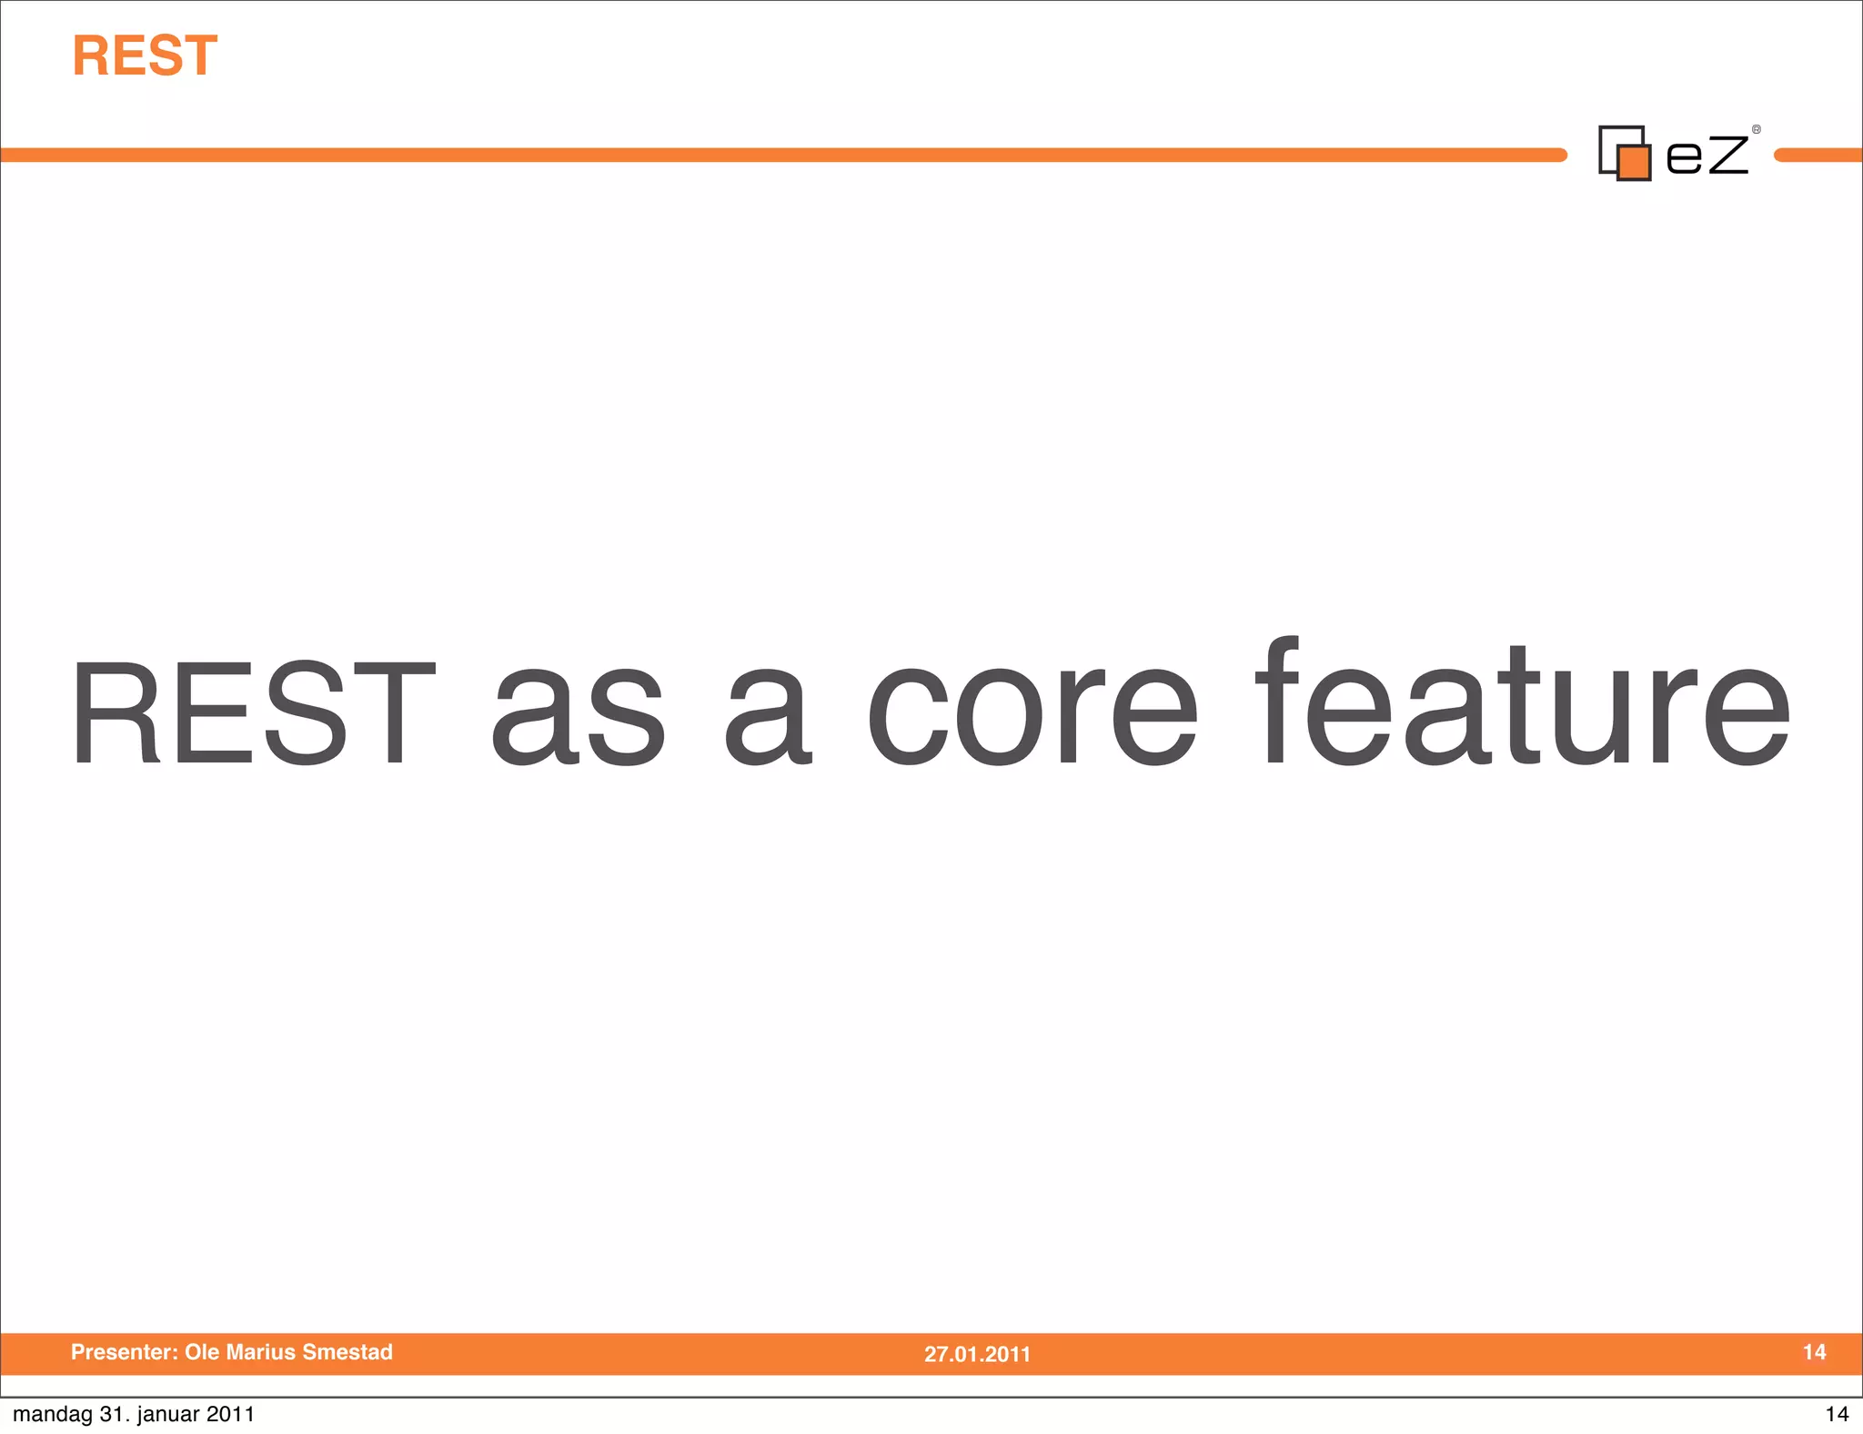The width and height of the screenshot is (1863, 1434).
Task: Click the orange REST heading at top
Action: (145, 56)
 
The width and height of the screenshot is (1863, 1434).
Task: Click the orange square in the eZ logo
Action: (1635, 163)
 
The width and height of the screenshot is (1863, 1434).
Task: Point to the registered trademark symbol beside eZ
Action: (1757, 130)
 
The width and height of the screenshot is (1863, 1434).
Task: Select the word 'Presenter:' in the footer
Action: (125, 1352)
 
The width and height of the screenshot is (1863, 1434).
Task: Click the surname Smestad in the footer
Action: (347, 1352)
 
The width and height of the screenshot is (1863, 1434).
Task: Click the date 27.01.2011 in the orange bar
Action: (977, 1354)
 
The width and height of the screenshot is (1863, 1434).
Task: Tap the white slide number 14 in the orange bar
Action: (1814, 1352)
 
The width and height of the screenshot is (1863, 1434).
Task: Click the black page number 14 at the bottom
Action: (1837, 1414)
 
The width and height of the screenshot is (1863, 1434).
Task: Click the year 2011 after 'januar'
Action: (230, 1414)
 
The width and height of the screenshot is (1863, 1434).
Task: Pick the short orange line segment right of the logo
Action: (1818, 156)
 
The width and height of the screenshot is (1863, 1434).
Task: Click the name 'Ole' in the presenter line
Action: (200, 1352)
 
